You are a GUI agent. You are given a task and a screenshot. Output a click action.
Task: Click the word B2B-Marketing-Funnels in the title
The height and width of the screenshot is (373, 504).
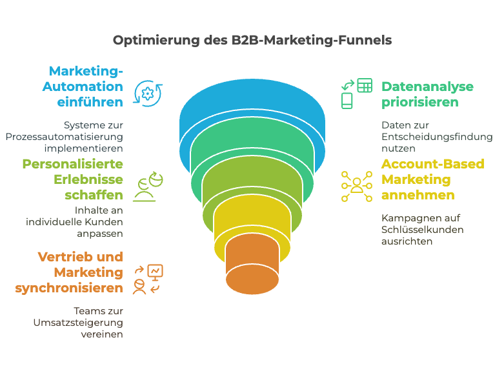pos(311,40)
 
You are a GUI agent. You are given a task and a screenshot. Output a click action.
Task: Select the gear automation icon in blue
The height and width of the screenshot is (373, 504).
pos(148,94)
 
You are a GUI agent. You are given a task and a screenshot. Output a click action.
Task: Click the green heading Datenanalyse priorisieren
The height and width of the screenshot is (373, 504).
pos(427,94)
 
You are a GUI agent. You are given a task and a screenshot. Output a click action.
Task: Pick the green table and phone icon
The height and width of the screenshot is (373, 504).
pos(356,94)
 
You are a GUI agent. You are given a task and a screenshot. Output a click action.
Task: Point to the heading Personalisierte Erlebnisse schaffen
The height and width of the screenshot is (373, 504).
pos(72,179)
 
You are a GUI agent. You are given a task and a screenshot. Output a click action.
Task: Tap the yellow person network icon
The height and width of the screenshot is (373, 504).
pos(357,186)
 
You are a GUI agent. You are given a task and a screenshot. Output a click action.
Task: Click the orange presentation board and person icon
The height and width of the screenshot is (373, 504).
pos(148,279)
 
